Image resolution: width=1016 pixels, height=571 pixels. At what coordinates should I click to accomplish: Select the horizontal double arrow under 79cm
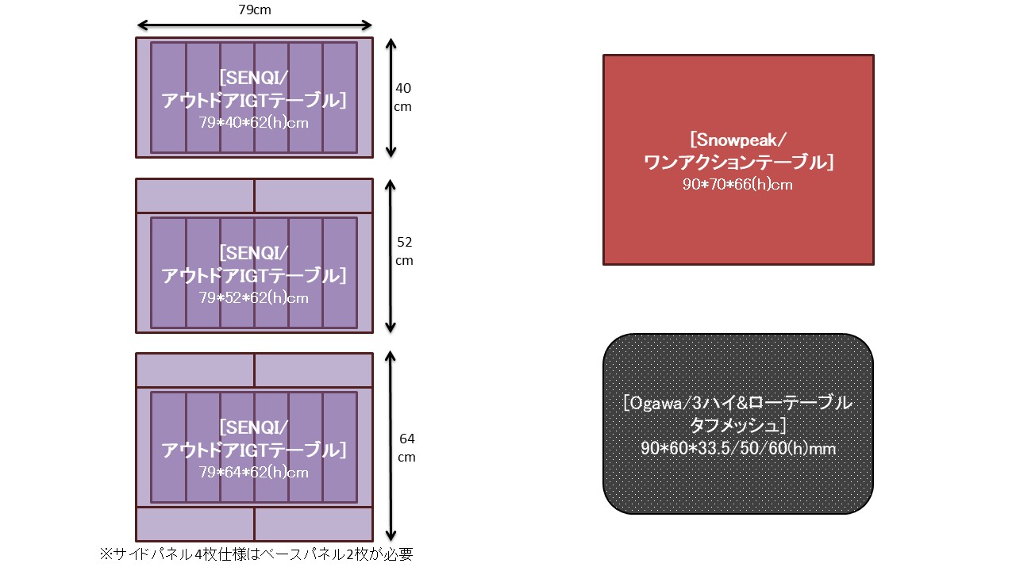254,25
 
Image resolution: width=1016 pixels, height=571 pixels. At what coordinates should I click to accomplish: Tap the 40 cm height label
403,97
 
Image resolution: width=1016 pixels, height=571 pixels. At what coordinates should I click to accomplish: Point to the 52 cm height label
405,251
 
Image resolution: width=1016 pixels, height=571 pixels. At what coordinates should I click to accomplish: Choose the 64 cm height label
407,447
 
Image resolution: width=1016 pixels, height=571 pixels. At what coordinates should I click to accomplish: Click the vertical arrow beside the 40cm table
390,97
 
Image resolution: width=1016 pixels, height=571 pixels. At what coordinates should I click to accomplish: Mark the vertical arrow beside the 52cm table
390,255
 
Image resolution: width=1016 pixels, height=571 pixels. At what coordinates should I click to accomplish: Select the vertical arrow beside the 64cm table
390,446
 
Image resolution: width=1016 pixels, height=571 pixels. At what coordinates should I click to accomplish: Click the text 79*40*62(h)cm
254,123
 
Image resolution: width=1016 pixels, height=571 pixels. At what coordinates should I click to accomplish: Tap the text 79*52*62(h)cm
254,298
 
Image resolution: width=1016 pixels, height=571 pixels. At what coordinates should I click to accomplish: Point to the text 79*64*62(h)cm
254,473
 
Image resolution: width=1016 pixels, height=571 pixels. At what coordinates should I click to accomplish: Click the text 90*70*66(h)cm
738,185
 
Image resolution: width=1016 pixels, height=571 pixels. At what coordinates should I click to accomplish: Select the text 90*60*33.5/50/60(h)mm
738,449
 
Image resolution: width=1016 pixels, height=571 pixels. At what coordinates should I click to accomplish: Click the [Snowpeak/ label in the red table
738,141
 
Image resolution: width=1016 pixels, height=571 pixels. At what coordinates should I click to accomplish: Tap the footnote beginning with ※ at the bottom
256,554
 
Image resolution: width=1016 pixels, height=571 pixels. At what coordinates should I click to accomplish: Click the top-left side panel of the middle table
195,196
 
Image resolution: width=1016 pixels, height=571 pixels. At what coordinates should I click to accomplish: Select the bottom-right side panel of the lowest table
314,524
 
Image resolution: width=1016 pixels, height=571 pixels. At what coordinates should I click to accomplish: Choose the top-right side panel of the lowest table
314,370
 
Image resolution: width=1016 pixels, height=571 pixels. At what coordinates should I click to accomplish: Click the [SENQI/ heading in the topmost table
254,78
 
